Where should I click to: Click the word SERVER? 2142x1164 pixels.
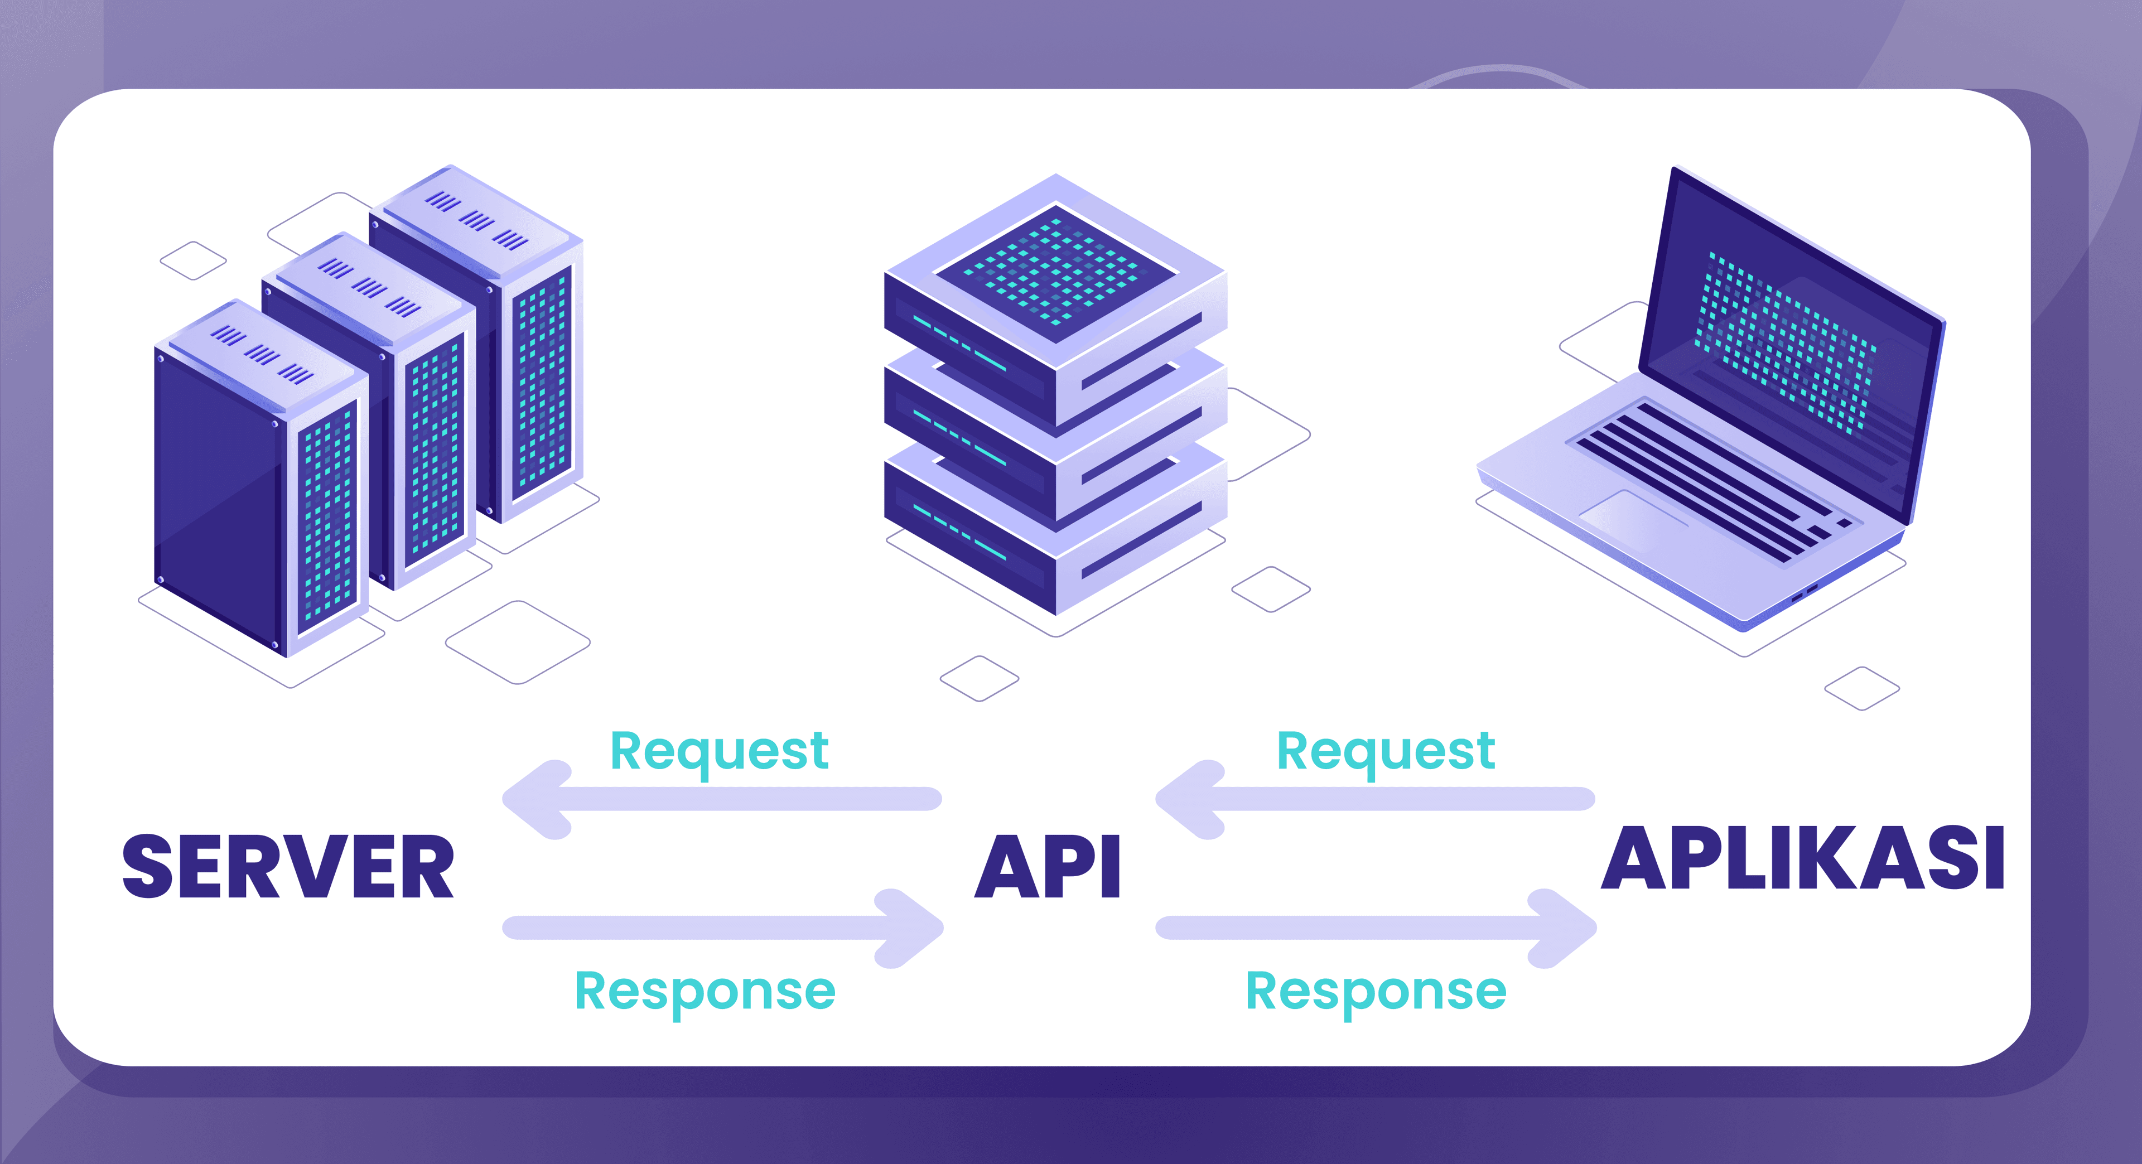(288, 867)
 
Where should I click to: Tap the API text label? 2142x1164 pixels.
(1048, 867)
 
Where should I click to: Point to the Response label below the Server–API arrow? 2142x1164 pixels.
(705, 991)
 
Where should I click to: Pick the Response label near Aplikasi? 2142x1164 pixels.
(1376, 991)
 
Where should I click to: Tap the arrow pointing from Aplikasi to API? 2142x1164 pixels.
(1374, 799)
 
